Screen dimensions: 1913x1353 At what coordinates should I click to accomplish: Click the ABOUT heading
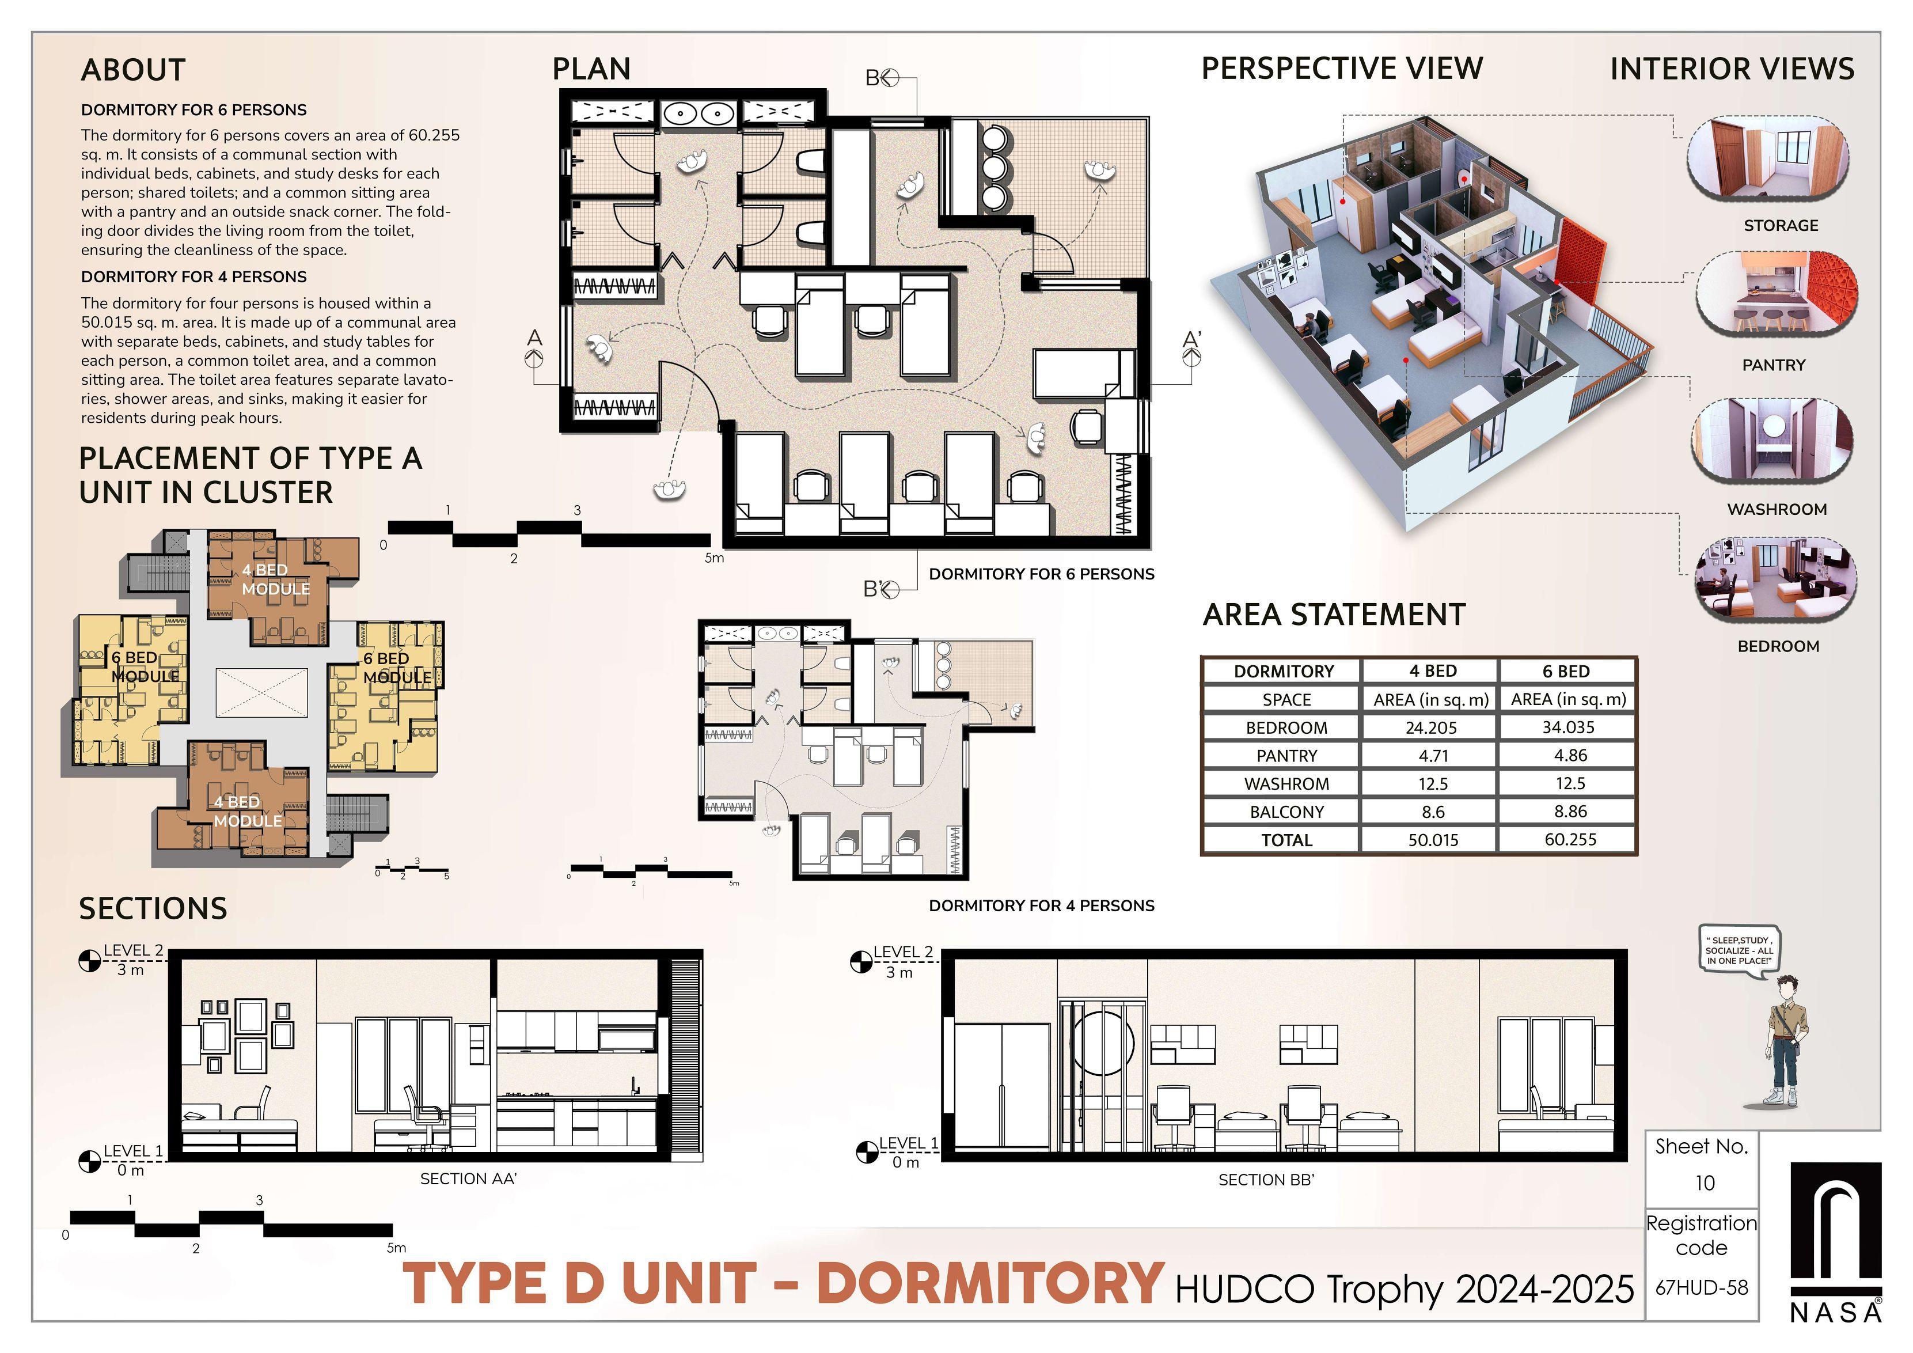click(133, 70)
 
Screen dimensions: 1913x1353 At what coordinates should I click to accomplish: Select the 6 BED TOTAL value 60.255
click(1570, 839)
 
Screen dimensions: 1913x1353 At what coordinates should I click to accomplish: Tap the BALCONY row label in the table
click(1286, 812)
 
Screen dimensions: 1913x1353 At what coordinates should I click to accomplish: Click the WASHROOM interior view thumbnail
click(1772, 441)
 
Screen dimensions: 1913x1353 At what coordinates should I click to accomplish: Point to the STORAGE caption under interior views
click(1781, 226)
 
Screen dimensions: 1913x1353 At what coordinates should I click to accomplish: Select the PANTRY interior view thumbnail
click(1777, 293)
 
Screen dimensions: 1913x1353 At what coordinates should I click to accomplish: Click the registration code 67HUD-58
click(1701, 1287)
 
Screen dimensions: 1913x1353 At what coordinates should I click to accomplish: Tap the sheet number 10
click(1705, 1183)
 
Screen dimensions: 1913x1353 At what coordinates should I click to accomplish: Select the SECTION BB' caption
click(1266, 1180)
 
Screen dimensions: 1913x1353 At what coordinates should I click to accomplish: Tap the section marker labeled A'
click(1192, 350)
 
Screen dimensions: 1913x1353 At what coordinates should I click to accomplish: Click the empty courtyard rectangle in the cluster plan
click(261, 692)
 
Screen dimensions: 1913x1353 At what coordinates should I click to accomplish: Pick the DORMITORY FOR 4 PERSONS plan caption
click(1042, 905)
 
